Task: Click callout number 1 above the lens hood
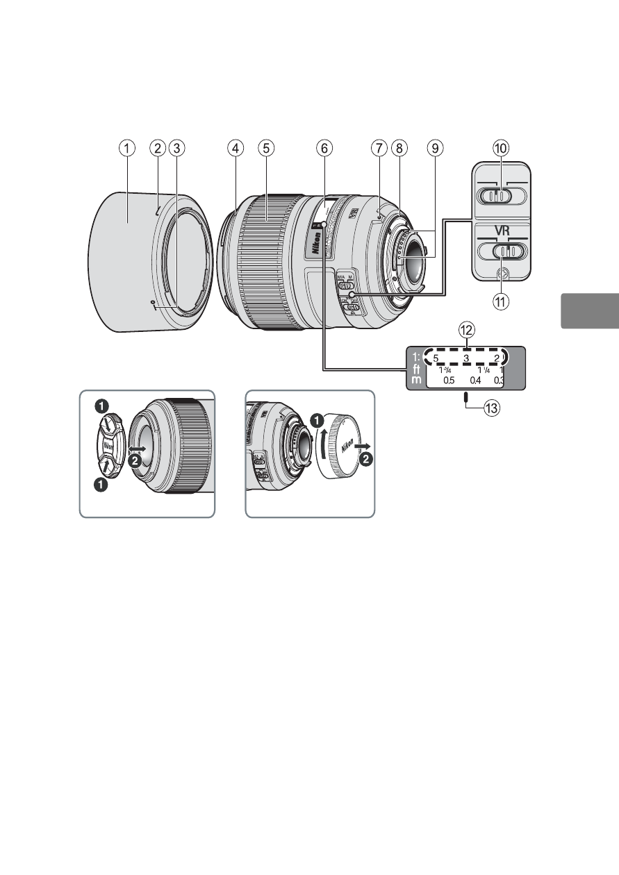[126, 147]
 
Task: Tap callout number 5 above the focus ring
[265, 147]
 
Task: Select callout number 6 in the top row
[324, 147]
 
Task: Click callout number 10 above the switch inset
[501, 147]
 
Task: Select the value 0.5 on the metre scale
[449, 381]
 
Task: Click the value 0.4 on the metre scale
[474, 381]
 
